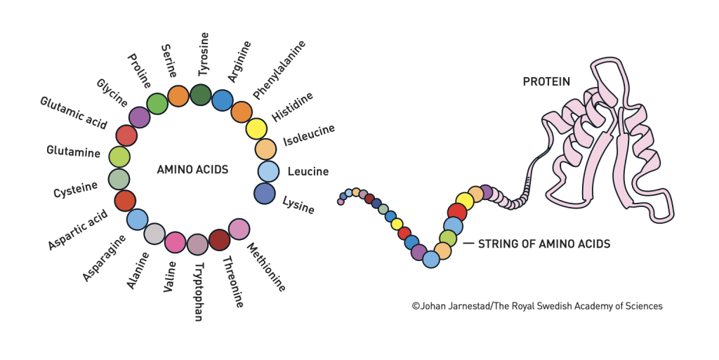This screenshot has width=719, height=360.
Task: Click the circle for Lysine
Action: click(x=265, y=193)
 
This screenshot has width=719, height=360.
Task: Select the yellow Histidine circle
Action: click(x=256, y=129)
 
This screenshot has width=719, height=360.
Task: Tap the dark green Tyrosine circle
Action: click(x=201, y=95)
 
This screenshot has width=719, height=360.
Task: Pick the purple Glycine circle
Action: click(x=140, y=117)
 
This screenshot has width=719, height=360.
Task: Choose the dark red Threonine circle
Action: click(x=220, y=240)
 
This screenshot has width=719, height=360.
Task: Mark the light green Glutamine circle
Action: click(x=120, y=156)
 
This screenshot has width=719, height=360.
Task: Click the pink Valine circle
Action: click(x=175, y=243)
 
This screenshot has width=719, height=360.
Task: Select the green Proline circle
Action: click(x=157, y=104)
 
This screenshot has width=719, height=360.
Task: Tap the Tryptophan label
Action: click(x=198, y=292)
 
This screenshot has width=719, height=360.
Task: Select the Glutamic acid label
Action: click(x=73, y=112)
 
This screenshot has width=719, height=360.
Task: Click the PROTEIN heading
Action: click(x=546, y=82)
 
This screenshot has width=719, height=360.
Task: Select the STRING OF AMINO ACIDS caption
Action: click(x=543, y=244)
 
